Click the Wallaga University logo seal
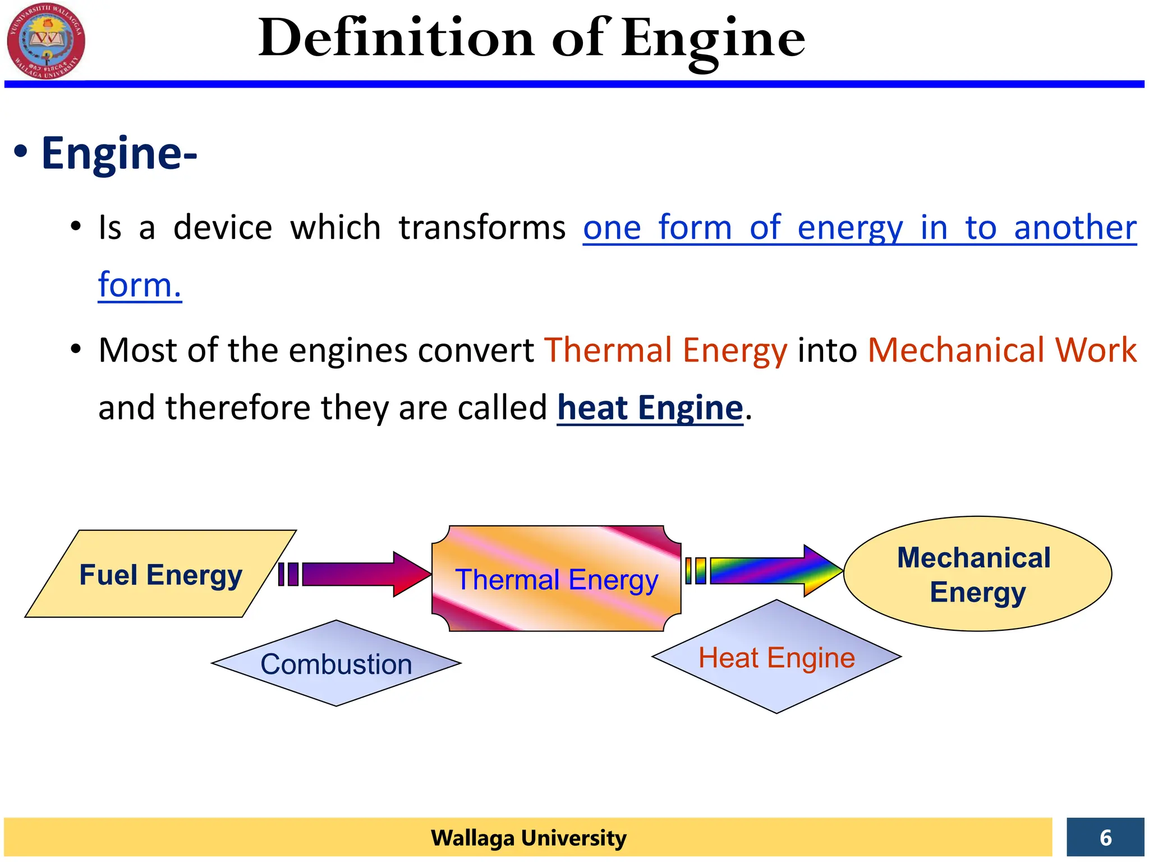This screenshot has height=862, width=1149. click(x=46, y=40)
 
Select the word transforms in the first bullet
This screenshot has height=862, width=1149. click(x=482, y=228)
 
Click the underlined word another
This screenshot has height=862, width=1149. click(x=1075, y=228)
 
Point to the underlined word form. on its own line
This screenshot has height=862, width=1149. click(x=140, y=285)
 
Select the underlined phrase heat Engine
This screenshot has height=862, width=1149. click(x=650, y=408)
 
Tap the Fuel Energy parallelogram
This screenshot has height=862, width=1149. click(x=160, y=574)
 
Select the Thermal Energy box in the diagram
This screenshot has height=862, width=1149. click(x=556, y=579)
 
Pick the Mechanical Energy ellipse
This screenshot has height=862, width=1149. click(x=977, y=574)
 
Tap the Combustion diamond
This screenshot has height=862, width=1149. click(x=336, y=664)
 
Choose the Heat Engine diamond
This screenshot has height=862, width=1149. click(x=776, y=657)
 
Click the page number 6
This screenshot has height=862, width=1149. click(x=1105, y=837)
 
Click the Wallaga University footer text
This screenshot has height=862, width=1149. click(x=528, y=837)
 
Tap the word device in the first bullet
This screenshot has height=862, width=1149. click(x=223, y=228)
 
